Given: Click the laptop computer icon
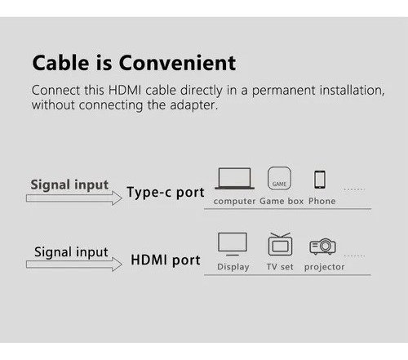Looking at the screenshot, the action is [x=234, y=178].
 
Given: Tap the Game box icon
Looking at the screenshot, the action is [x=279, y=178].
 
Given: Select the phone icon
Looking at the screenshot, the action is [x=320, y=180].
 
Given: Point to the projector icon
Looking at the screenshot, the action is [x=323, y=247].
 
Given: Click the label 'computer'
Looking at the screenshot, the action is [x=234, y=202].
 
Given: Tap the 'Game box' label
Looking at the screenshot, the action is [x=282, y=201].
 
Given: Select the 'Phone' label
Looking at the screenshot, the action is [x=322, y=201].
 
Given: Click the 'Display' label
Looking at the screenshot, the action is [x=233, y=267].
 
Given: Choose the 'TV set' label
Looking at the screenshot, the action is [x=280, y=267].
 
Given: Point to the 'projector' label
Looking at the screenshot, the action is [x=325, y=267].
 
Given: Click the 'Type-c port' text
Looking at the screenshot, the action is [x=166, y=193].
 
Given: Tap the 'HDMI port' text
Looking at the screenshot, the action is [x=166, y=260].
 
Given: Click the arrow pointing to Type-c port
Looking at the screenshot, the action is [x=74, y=198].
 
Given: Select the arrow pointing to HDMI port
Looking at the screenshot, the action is [x=74, y=264].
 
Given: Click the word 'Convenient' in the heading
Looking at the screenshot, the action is [x=177, y=63].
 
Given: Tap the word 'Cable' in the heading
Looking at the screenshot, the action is [x=60, y=63].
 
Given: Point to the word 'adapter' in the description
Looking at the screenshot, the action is [x=193, y=105].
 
